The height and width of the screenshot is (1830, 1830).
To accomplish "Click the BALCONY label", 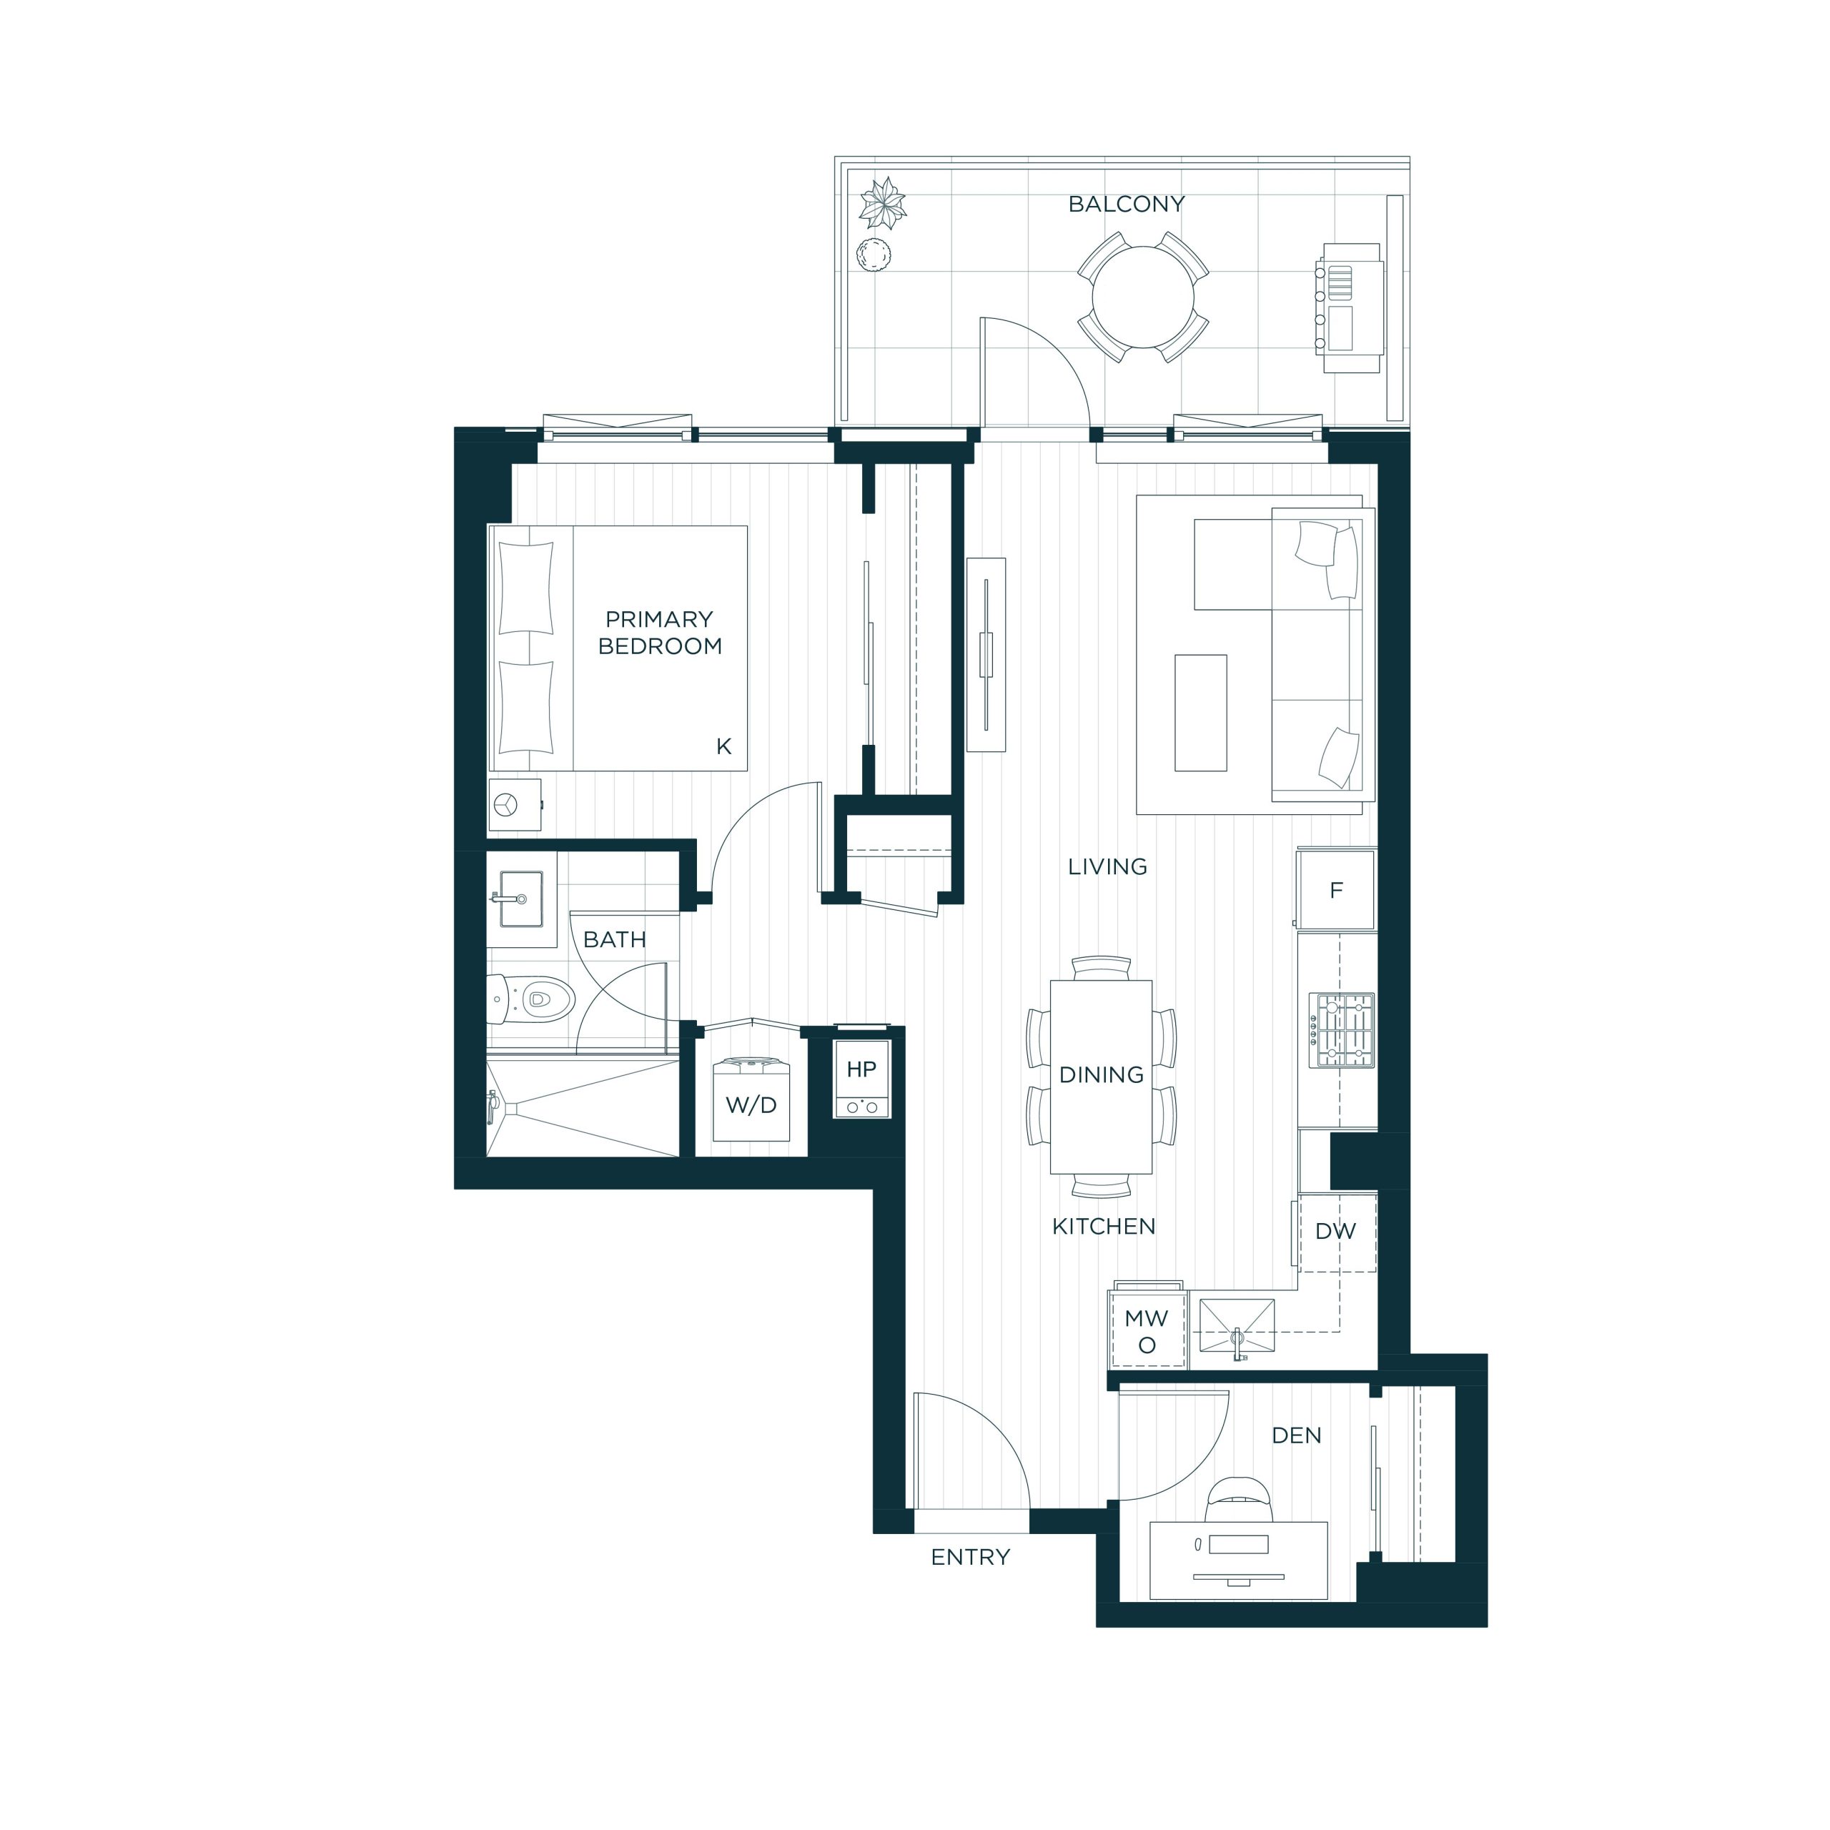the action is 1126,204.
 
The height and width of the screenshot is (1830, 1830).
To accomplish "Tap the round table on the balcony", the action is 1143,297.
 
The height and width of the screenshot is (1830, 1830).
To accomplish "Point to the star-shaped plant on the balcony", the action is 882,203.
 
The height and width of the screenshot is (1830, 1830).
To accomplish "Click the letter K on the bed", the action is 723,746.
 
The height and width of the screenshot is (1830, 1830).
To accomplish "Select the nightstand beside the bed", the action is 515,804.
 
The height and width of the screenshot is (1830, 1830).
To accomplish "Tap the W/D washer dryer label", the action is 751,1104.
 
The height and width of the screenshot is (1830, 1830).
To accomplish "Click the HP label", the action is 861,1069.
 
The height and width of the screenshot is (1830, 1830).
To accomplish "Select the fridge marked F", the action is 1335,889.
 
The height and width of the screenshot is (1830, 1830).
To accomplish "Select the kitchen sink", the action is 1237,1325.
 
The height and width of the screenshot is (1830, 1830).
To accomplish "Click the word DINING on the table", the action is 1102,1074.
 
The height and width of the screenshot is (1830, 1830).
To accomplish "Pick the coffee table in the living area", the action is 1200,712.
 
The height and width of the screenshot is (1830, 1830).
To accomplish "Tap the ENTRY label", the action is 970,1556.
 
